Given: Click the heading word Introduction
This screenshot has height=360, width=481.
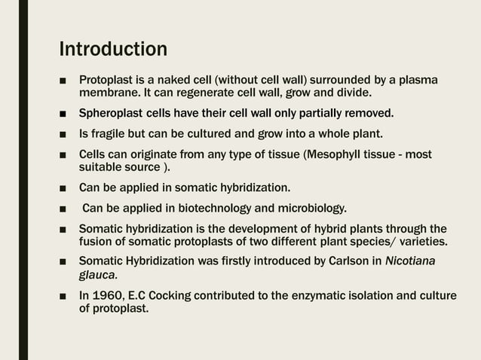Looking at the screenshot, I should coord(113,50).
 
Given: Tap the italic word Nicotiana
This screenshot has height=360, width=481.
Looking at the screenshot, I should coord(411,261).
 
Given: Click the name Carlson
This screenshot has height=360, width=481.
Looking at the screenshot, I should coord(345,261).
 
